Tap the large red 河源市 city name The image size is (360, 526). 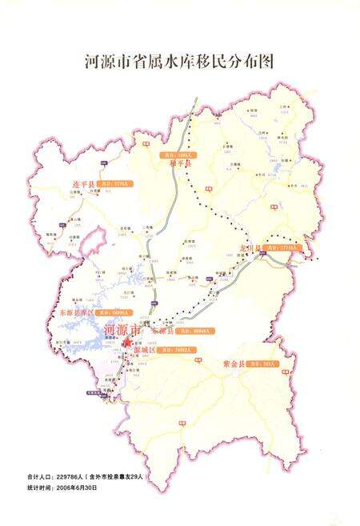[124, 330]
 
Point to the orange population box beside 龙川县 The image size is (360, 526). [288, 249]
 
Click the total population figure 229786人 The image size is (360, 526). [74, 477]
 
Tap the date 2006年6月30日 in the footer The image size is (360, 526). [78, 487]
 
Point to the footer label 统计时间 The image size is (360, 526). [41, 487]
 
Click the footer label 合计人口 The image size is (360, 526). [41, 477]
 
